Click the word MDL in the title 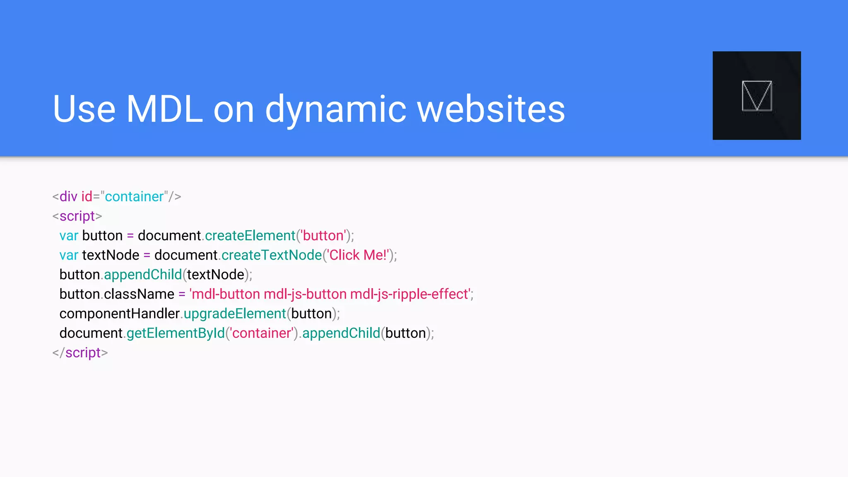click(x=164, y=109)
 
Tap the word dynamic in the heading click(x=335, y=110)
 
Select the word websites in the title click(x=491, y=109)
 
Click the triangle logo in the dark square click(x=756, y=96)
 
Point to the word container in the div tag click(x=135, y=196)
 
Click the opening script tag click(x=77, y=216)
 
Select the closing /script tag click(x=80, y=352)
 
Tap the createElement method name click(x=250, y=235)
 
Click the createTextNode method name click(x=272, y=255)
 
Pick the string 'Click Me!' click(x=358, y=255)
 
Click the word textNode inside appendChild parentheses click(x=215, y=274)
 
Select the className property click(x=139, y=294)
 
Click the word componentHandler click(x=119, y=313)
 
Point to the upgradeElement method click(x=235, y=313)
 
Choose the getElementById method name click(x=176, y=333)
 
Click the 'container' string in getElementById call click(x=262, y=333)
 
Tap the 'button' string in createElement click(x=323, y=235)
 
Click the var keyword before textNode click(x=69, y=255)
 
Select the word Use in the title click(x=84, y=109)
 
